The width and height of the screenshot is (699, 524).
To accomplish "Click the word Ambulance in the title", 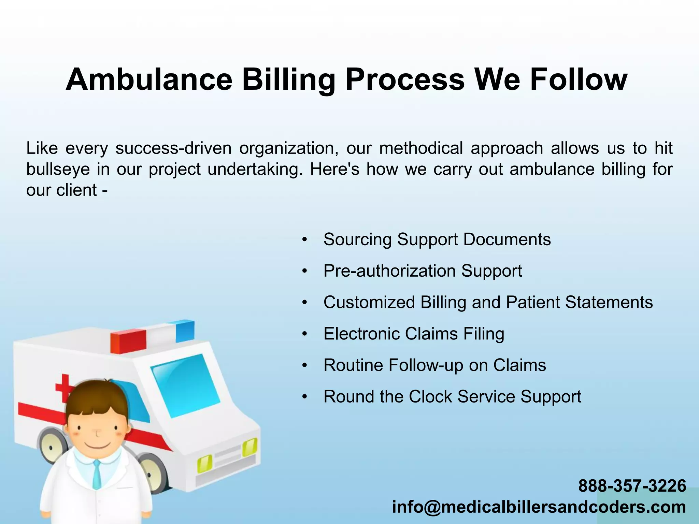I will click(149, 80).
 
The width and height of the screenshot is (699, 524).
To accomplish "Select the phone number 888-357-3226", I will click(632, 485).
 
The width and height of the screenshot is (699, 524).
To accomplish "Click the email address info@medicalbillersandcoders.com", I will click(539, 507).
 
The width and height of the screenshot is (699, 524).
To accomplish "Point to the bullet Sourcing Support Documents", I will click(437, 239).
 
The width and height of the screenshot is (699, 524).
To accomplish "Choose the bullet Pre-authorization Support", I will click(423, 271).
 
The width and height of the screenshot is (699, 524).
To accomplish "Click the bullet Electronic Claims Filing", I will click(414, 334).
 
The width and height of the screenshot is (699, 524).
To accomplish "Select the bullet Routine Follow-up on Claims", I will click(434, 365).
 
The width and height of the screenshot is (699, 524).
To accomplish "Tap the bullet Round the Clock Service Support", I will click(452, 396).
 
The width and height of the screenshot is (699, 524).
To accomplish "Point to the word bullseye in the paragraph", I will click(58, 169).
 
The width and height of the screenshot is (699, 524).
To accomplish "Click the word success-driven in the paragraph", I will click(173, 148).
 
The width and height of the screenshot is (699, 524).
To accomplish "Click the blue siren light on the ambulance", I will click(185, 331).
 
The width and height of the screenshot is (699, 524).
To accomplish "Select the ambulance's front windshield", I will click(186, 385).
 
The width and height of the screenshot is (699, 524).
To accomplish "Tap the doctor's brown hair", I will click(97, 399).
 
